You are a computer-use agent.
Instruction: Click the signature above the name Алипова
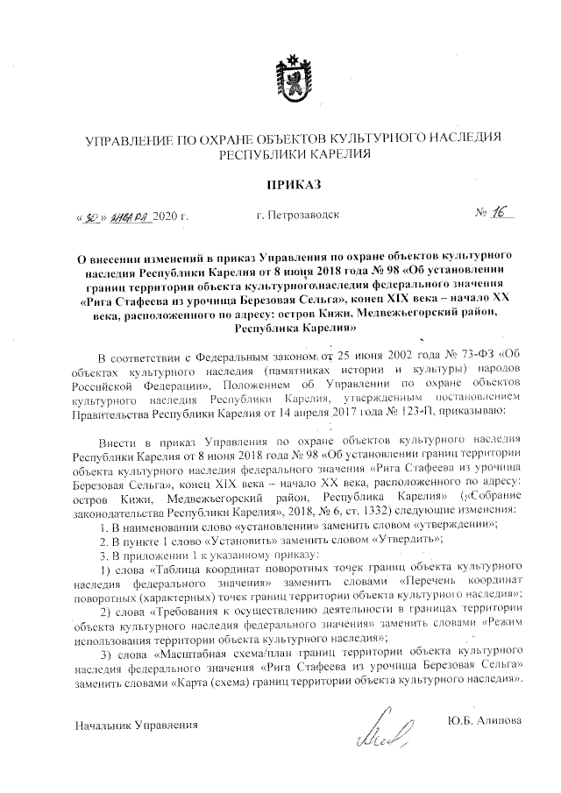coord(383,726)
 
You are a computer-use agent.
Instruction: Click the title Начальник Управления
coord(136,725)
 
